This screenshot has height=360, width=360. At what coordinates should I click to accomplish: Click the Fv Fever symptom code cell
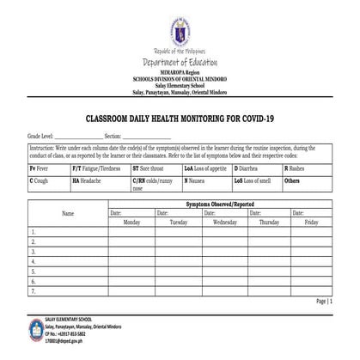[48, 170]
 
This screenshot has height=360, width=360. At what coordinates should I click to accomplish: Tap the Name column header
[68, 213]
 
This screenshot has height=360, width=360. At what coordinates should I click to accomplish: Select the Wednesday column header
[225, 222]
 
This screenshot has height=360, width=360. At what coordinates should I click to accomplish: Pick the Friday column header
[311, 222]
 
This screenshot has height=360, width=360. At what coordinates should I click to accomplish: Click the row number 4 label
[33, 261]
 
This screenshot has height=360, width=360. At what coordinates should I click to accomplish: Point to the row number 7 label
[33, 290]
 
